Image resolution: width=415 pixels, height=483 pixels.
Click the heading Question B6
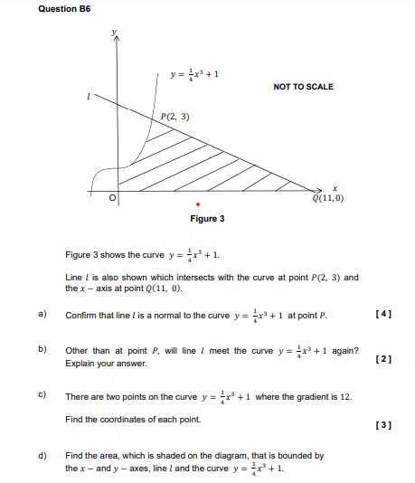tap(64, 8)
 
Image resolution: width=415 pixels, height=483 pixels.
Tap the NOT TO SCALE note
tap(303, 87)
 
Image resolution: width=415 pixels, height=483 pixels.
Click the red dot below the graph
tap(198, 204)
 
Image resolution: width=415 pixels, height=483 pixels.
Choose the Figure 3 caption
tap(207, 219)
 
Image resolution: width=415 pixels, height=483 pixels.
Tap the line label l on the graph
tap(89, 94)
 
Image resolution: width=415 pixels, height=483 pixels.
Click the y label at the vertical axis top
tap(114, 32)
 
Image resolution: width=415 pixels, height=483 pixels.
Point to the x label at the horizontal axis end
tap(334, 187)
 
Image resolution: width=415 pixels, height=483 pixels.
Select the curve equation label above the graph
tap(194, 74)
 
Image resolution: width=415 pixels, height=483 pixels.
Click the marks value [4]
tap(382, 315)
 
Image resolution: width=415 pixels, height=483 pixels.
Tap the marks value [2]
tap(382, 359)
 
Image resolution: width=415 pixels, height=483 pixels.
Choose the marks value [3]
tap(382, 423)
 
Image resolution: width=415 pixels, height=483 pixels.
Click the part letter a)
tap(42, 315)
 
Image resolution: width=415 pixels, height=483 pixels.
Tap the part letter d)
tap(42, 456)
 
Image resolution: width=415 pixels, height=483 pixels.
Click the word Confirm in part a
tap(81, 316)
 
